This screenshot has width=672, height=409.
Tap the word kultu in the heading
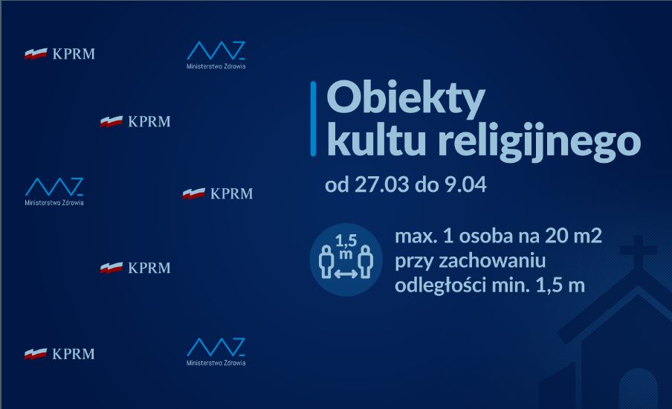click(376, 140)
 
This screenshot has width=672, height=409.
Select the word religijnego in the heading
click(540, 142)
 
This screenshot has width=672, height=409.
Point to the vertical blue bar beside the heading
click(313, 118)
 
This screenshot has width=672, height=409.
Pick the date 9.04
click(465, 184)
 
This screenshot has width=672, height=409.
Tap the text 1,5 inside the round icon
click(346, 240)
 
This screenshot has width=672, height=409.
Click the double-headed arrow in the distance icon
click(346, 273)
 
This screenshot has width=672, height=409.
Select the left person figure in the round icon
click(326, 262)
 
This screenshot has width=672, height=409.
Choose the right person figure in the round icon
click(365, 262)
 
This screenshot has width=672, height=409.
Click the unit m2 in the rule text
click(588, 236)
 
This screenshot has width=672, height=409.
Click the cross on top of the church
click(638, 250)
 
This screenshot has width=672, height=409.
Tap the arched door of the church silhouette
click(638, 389)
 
